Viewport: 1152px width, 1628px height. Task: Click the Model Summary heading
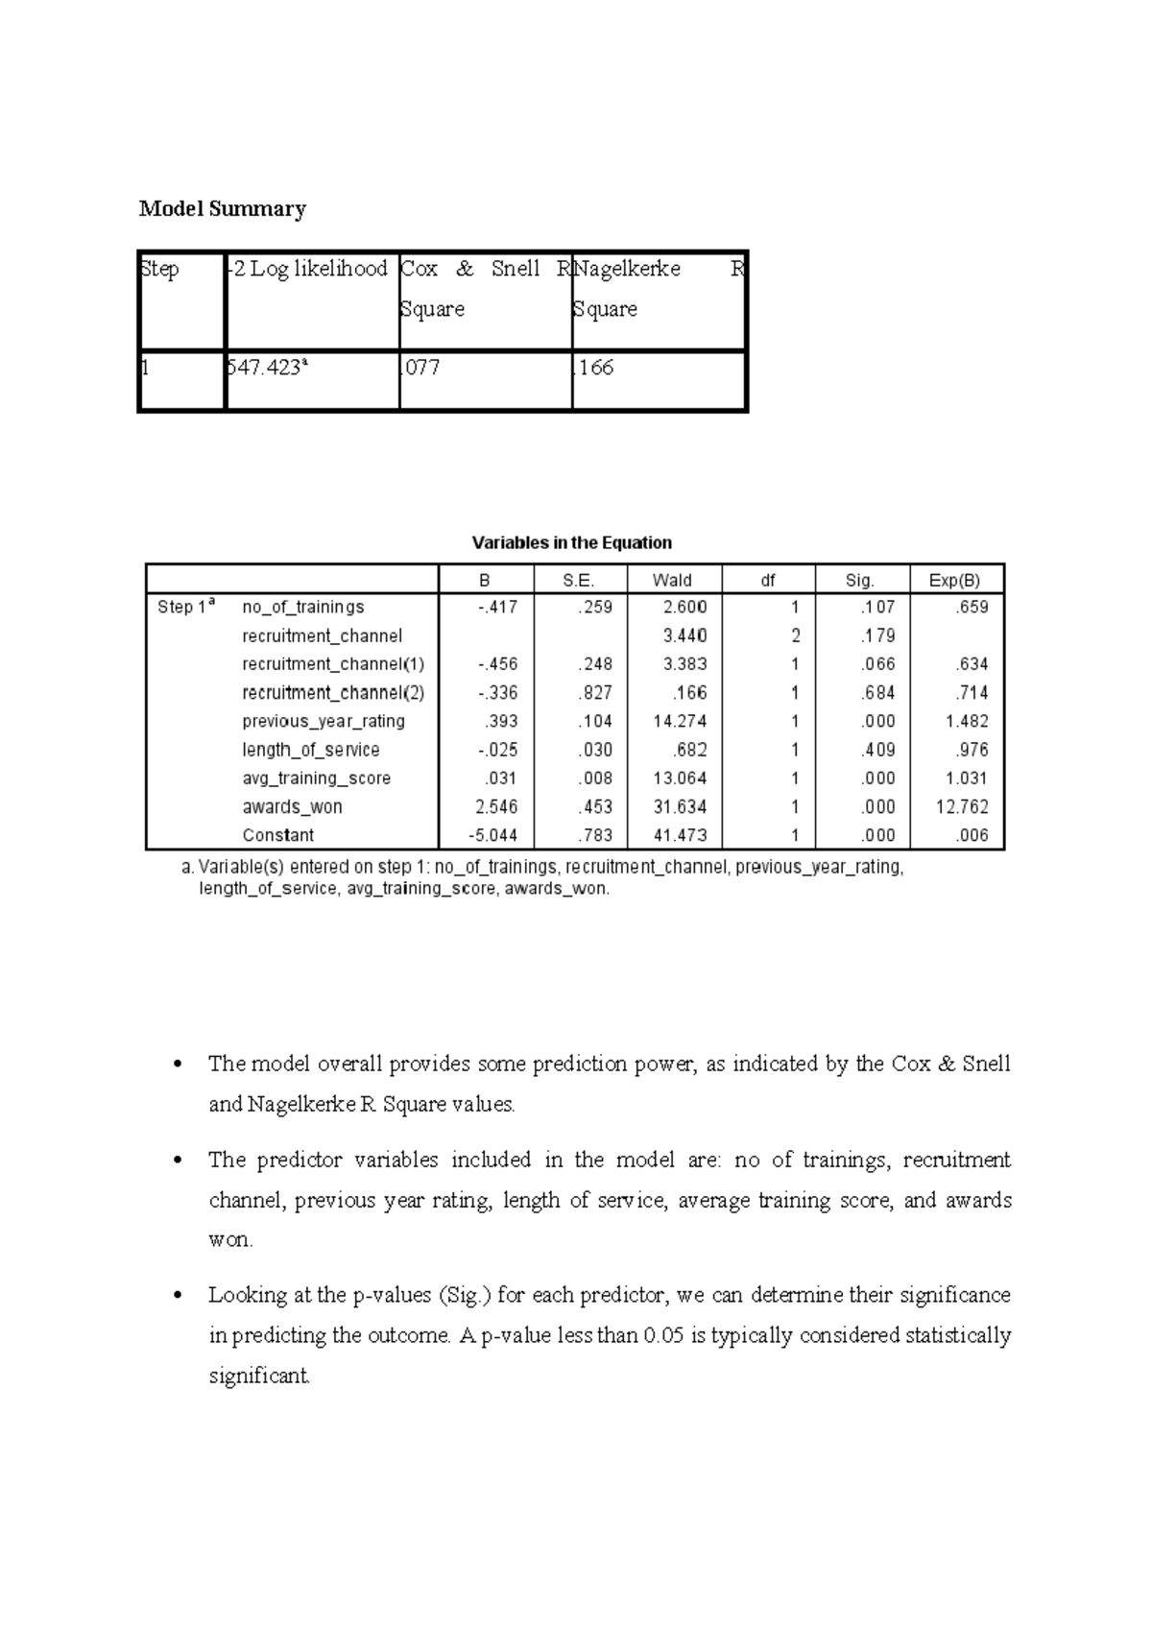[222, 209]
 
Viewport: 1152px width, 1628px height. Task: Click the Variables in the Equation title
[571, 542]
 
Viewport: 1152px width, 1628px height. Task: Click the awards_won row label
[292, 807]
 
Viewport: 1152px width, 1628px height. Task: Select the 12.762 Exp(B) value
[961, 807]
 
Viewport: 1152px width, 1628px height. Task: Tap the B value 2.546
[496, 807]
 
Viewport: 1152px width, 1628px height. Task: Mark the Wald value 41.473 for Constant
[680, 835]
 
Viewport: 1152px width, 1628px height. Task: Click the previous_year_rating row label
[324, 721]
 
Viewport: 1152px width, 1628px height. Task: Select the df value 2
[795, 635]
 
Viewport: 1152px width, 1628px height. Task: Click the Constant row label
[277, 835]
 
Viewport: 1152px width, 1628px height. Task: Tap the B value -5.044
[492, 835]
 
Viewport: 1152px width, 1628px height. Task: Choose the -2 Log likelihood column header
[307, 269]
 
